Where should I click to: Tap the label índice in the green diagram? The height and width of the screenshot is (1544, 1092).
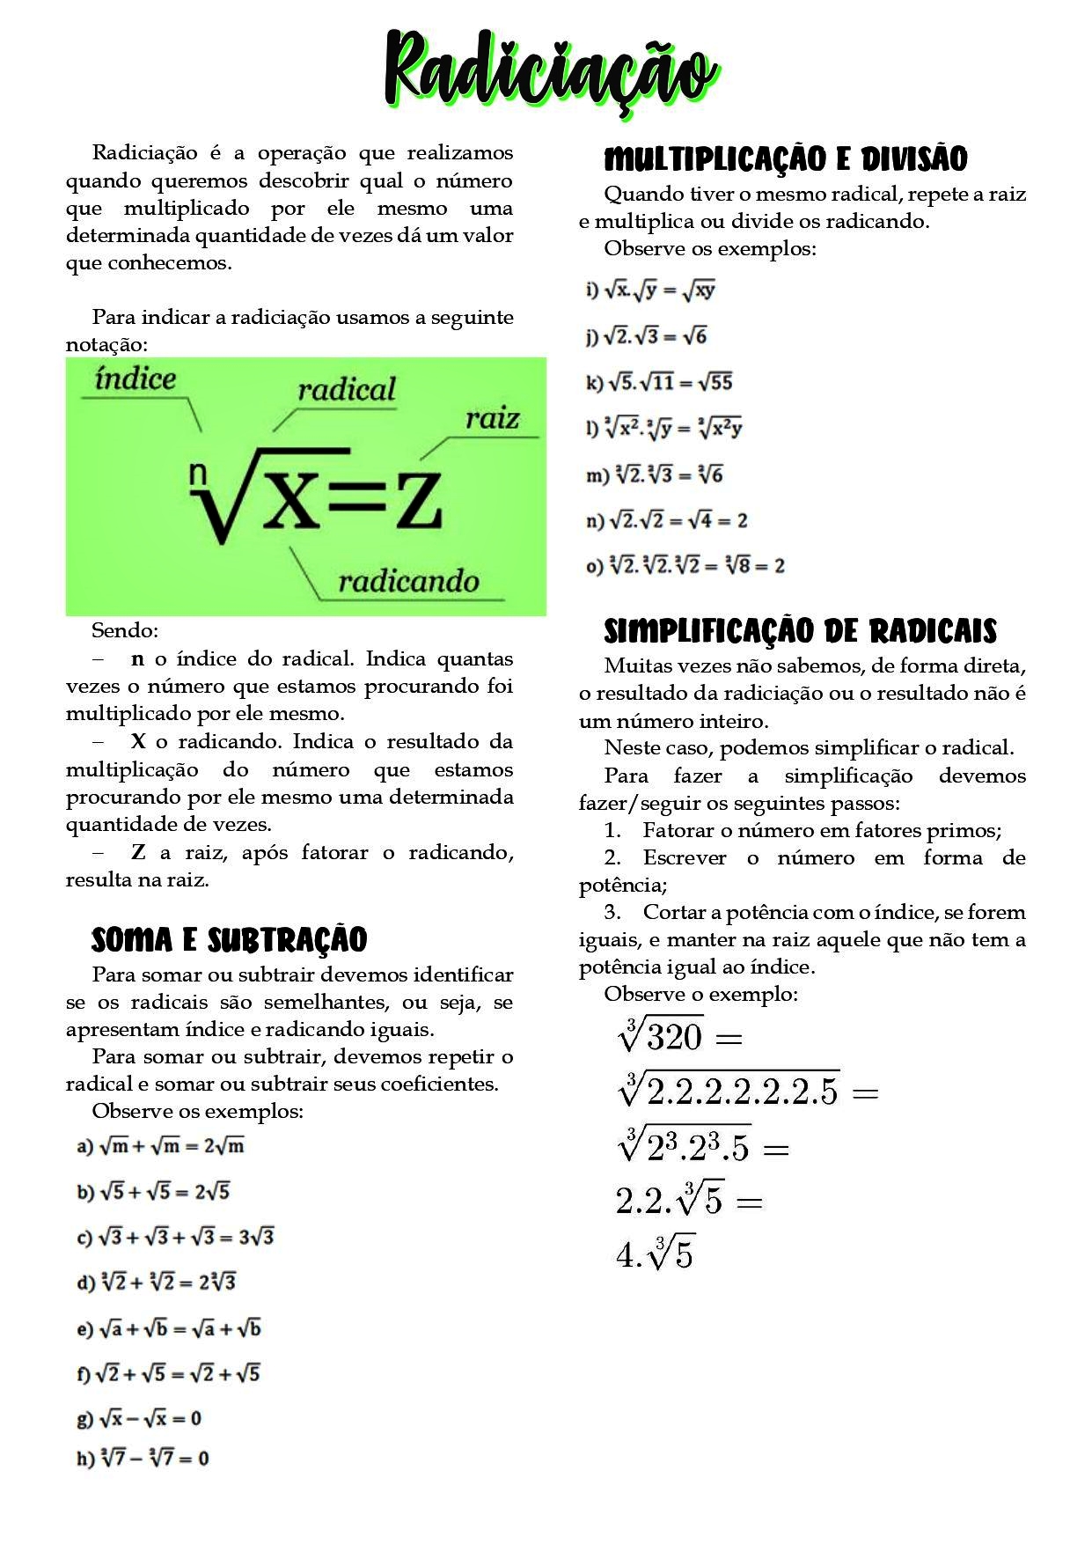136,379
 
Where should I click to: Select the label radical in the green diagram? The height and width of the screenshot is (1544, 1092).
346,390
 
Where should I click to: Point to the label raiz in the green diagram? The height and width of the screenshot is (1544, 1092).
492,418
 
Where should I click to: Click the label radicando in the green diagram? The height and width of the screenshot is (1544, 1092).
408,581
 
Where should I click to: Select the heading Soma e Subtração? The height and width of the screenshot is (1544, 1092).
229,940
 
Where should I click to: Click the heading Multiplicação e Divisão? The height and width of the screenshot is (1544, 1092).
785,160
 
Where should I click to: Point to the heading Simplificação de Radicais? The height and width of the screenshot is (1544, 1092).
800,632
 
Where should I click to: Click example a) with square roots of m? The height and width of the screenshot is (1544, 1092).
161,1146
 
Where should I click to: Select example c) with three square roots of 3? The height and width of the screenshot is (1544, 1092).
176,1237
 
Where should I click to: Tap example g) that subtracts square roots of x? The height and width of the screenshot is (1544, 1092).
139,1418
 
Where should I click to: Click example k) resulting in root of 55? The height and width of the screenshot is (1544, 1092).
659,382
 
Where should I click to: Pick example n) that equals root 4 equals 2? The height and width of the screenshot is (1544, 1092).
666,520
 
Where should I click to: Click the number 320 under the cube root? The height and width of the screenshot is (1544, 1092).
674,1037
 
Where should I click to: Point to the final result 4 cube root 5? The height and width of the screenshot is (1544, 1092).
655,1254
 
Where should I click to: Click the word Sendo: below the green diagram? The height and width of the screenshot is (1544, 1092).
125,630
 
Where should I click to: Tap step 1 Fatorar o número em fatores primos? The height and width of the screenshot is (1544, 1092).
803,830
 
